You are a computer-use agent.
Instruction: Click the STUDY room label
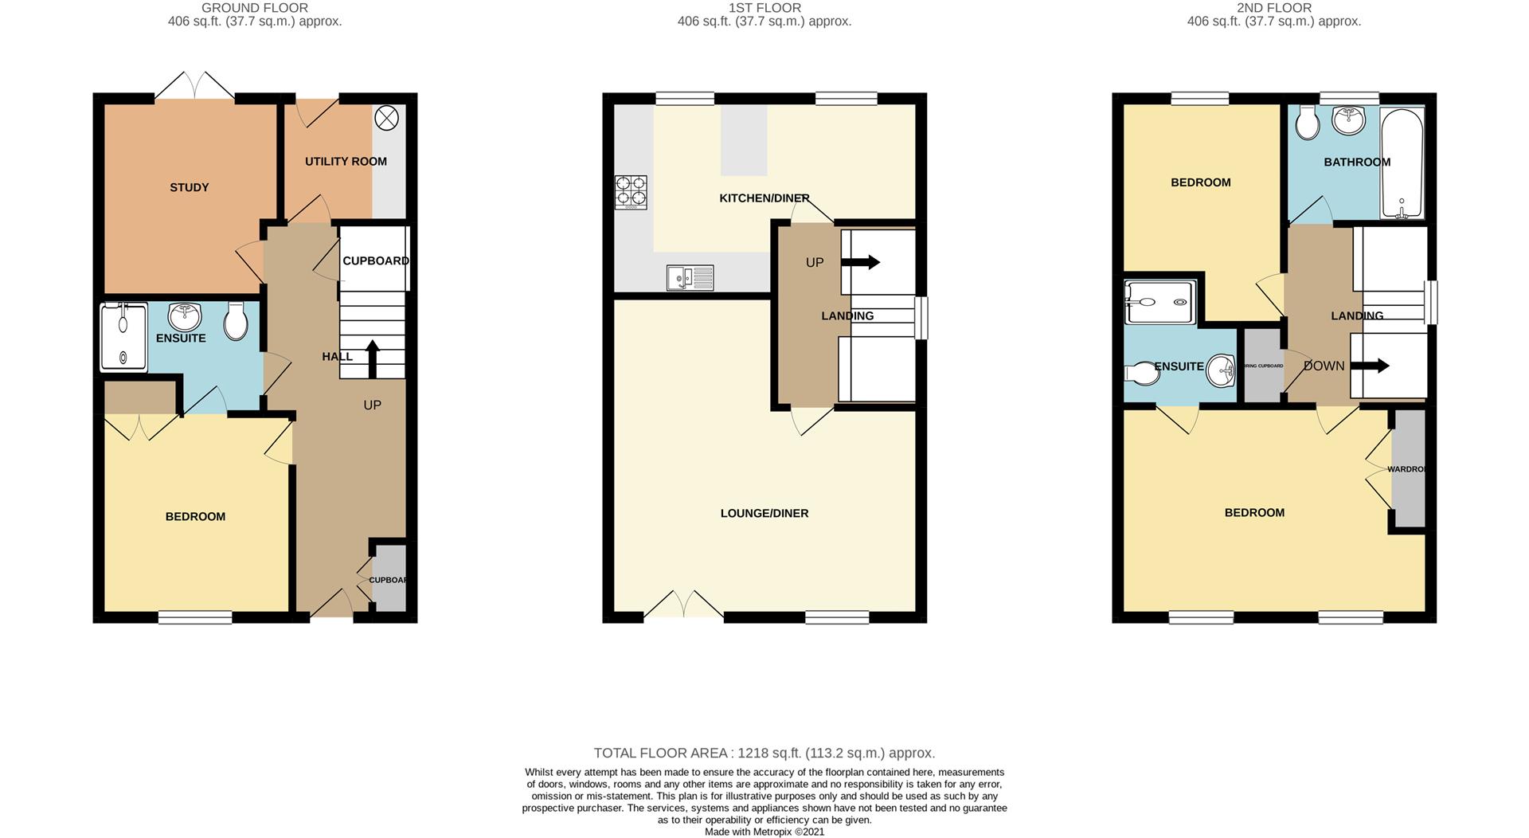tap(189, 187)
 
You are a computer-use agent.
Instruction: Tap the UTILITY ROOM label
tap(346, 161)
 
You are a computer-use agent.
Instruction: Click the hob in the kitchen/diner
tap(631, 192)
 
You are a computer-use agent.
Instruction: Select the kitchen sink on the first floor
tap(690, 277)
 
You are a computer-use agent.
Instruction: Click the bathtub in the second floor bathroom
tap(1402, 163)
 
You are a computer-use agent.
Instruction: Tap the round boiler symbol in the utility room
tap(386, 119)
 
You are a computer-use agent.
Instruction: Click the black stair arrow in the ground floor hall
tap(371, 358)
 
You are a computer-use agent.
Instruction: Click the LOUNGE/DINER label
tap(764, 513)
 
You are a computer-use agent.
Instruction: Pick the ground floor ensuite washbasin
tap(185, 316)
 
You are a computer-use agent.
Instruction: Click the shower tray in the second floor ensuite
tap(1159, 302)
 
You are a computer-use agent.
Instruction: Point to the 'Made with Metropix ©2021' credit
tap(764, 832)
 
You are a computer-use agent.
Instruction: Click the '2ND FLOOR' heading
tap(1273, 8)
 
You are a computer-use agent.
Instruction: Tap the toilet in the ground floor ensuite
tap(236, 321)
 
